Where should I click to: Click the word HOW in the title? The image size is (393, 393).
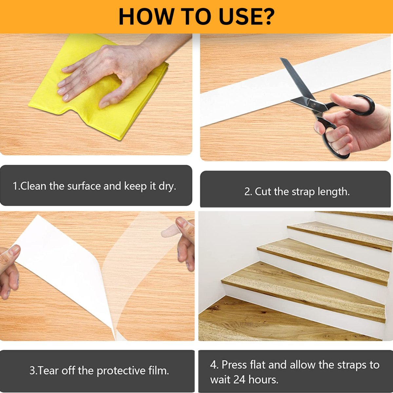pyautogui.click(x=145, y=16)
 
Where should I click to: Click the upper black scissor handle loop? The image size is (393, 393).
pyautogui.click(x=354, y=104)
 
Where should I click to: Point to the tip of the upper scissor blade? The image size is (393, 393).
pyautogui.click(x=281, y=58)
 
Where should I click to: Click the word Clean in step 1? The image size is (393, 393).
pyautogui.click(x=33, y=186)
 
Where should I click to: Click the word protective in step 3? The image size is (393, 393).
pyautogui.click(x=121, y=371)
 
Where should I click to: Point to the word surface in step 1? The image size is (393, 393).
pyautogui.click(x=84, y=186)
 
